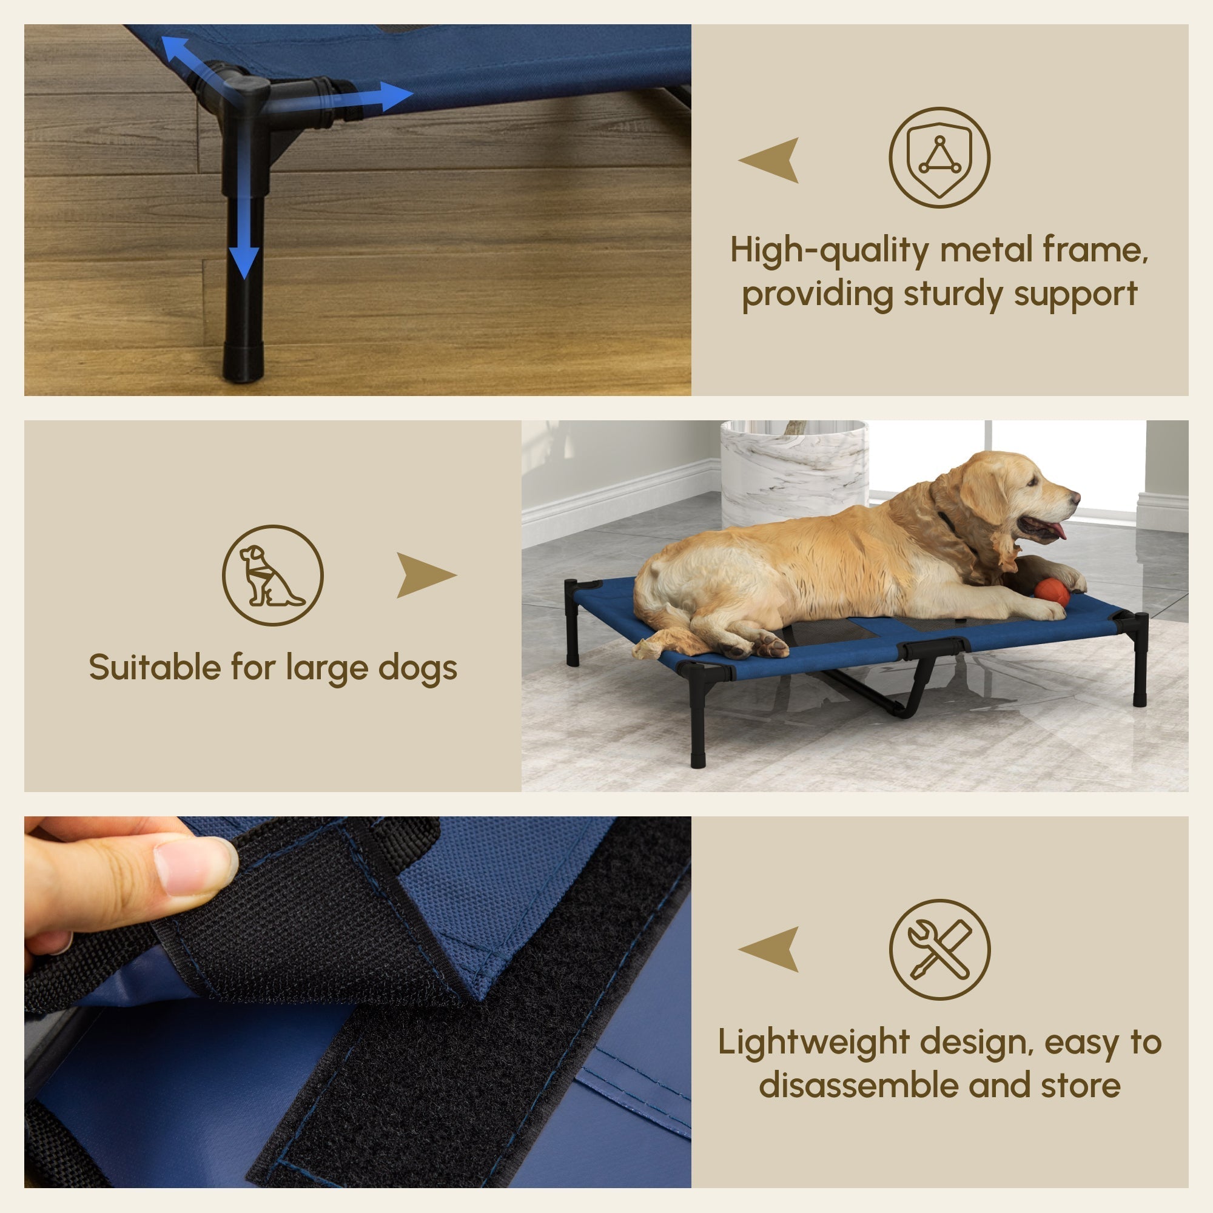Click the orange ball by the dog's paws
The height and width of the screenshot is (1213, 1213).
coord(1052,592)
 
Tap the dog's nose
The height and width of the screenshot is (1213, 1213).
coord(1076,498)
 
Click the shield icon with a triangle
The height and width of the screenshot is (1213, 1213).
coord(939,157)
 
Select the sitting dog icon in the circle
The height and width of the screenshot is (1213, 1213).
coord(272,575)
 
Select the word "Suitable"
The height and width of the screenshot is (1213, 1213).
coord(154,667)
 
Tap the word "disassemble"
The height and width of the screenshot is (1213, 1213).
coord(860,1086)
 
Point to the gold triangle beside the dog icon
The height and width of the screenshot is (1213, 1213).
coord(425,574)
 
